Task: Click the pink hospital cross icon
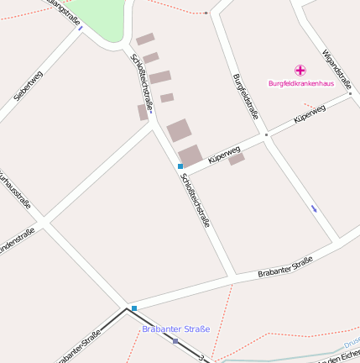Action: click(x=300, y=71)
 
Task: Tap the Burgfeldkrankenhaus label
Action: click(x=300, y=83)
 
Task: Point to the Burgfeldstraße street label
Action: click(x=245, y=97)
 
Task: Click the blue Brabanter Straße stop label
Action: click(x=176, y=329)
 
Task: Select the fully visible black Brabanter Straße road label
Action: click(x=284, y=266)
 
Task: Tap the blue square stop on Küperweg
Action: click(x=180, y=166)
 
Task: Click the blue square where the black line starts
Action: click(x=133, y=308)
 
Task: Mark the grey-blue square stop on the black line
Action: click(x=175, y=341)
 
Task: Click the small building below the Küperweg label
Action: click(x=237, y=159)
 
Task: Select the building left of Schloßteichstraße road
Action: click(x=143, y=112)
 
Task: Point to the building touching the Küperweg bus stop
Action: click(x=191, y=155)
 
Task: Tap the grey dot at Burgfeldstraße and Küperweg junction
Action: click(x=266, y=134)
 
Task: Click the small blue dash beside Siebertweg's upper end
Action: click(x=81, y=29)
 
